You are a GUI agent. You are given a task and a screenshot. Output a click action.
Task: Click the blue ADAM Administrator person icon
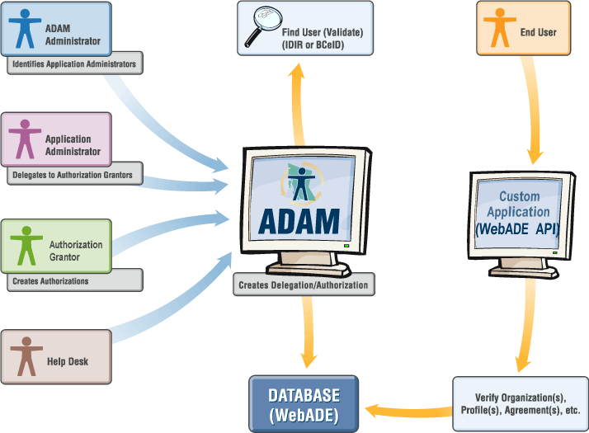[x=27, y=29]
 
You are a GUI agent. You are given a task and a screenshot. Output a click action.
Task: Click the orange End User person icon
[x=498, y=29]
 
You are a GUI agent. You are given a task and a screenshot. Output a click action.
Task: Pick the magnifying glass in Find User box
[x=262, y=25]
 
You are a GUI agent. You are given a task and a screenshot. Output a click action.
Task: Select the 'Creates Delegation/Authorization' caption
[x=303, y=285]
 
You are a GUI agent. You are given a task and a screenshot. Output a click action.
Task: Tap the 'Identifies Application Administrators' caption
[x=73, y=64]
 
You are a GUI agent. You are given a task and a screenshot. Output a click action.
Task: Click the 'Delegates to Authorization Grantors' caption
[x=73, y=175]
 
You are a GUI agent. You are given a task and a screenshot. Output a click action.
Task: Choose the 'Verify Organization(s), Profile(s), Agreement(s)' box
[x=520, y=404]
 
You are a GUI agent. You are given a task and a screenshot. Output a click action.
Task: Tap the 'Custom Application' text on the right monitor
[x=520, y=204]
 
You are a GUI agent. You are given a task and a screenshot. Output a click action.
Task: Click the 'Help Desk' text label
[x=68, y=361]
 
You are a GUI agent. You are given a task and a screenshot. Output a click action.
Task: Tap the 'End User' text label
[x=536, y=33]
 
